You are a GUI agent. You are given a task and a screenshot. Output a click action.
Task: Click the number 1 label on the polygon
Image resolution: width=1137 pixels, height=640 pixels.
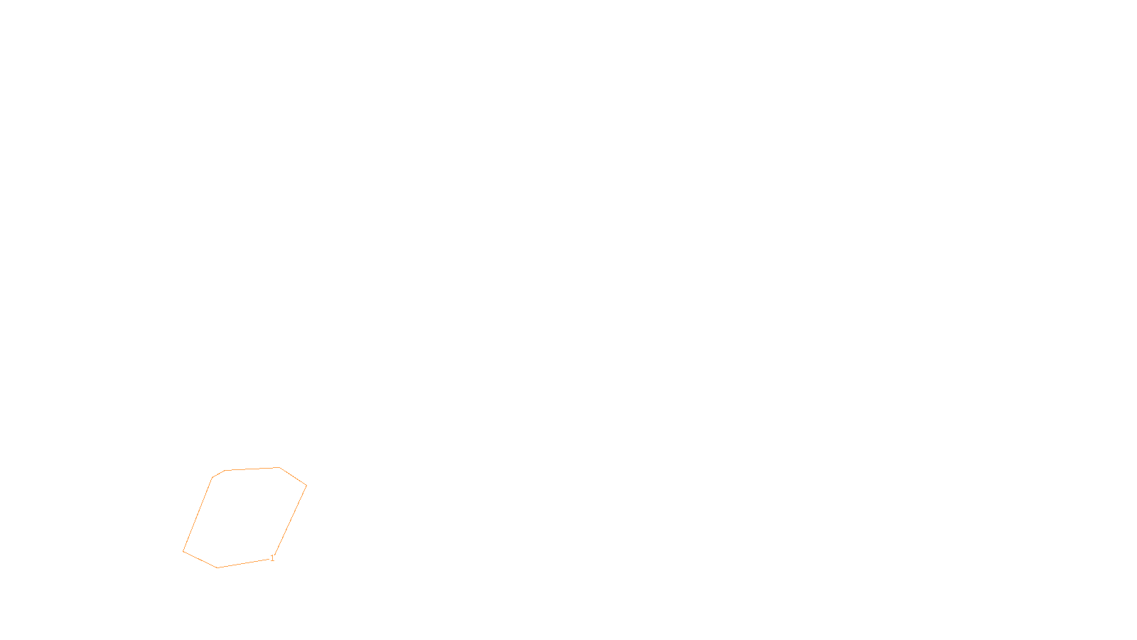(272, 558)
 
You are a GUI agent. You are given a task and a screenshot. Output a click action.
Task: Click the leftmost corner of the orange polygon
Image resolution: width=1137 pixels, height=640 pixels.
(183, 551)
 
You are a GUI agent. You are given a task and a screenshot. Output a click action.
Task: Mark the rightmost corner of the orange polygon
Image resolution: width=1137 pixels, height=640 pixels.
(306, 486)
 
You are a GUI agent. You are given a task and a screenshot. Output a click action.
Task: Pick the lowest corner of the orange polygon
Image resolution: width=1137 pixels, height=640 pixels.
(217, 567)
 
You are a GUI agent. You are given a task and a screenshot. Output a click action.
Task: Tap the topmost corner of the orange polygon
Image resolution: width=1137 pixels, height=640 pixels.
(279, 467)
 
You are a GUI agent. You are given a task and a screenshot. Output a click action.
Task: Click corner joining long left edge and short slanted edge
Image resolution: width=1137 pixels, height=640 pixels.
(212, 478)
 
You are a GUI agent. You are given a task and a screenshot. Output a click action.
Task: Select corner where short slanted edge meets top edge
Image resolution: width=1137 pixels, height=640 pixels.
(225, 470)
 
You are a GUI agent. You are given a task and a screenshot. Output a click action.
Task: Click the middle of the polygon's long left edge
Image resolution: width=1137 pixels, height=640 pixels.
(198, 514)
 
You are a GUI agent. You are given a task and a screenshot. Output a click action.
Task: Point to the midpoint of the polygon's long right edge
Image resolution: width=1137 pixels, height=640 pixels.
(290, 521)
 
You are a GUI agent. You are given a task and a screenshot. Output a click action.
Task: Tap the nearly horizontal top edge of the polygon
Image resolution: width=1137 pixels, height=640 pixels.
(252, 469)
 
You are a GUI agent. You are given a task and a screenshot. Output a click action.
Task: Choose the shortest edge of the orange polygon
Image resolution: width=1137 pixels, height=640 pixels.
(218, 474)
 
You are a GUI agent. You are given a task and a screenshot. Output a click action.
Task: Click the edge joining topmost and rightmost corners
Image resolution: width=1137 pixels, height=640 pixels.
(293, 476)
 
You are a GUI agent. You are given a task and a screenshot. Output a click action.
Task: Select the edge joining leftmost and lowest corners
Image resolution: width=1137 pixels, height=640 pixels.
(200, 560)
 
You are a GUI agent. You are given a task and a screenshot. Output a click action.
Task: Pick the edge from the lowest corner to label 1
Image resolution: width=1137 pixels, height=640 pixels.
(244, 563)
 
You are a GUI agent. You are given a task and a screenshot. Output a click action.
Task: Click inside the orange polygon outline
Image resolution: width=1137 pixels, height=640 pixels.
(245, 516)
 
